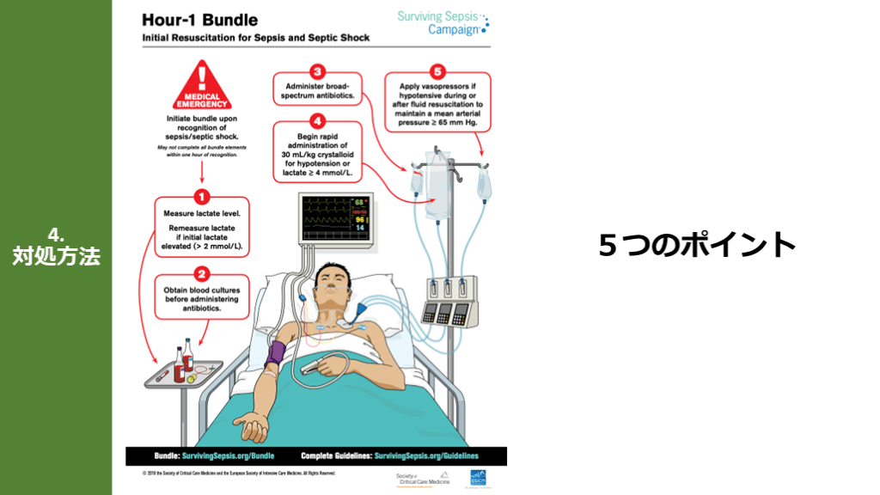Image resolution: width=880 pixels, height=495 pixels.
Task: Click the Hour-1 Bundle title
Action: [x=199, y=20]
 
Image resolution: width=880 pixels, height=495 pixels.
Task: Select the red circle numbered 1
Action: [x=202, y=196]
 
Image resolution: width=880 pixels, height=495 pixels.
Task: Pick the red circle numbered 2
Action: [x=202, y=274]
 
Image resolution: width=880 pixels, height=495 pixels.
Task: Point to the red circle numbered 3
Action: [x=317, y=72]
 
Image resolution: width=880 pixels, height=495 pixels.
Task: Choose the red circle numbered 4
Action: [x=317, y=121]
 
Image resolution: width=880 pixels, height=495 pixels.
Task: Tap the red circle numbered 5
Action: [x=439, y=72]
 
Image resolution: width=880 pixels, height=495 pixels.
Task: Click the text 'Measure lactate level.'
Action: [x=203, y=213]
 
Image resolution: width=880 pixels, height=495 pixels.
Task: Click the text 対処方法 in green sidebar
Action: [x=56, y=256]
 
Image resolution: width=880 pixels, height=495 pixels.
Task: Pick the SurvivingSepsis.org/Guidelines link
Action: [x=426, y=455]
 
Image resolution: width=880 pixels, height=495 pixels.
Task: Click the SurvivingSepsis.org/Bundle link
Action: [x=225, y=455]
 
